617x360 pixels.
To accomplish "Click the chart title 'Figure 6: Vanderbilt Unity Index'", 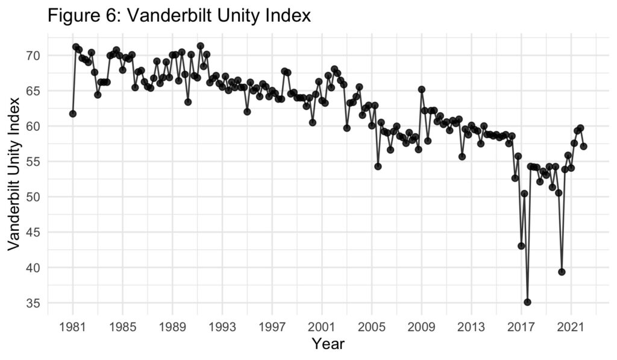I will tap(179, 15).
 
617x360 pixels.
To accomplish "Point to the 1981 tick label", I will tap(73, 327).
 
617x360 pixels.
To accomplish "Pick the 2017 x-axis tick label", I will tap(521, 327).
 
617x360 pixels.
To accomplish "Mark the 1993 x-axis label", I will tap(222, 327).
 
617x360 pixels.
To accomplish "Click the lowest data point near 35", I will tap(528, 302).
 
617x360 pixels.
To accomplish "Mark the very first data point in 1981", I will tap(73, 114).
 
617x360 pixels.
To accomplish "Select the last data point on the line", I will tap(584, 146).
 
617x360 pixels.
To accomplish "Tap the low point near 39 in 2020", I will tap(562, 272).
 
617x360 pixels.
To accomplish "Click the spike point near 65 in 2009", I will tap(422, 89).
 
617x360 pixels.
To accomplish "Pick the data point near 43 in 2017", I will tap(521, 246).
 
